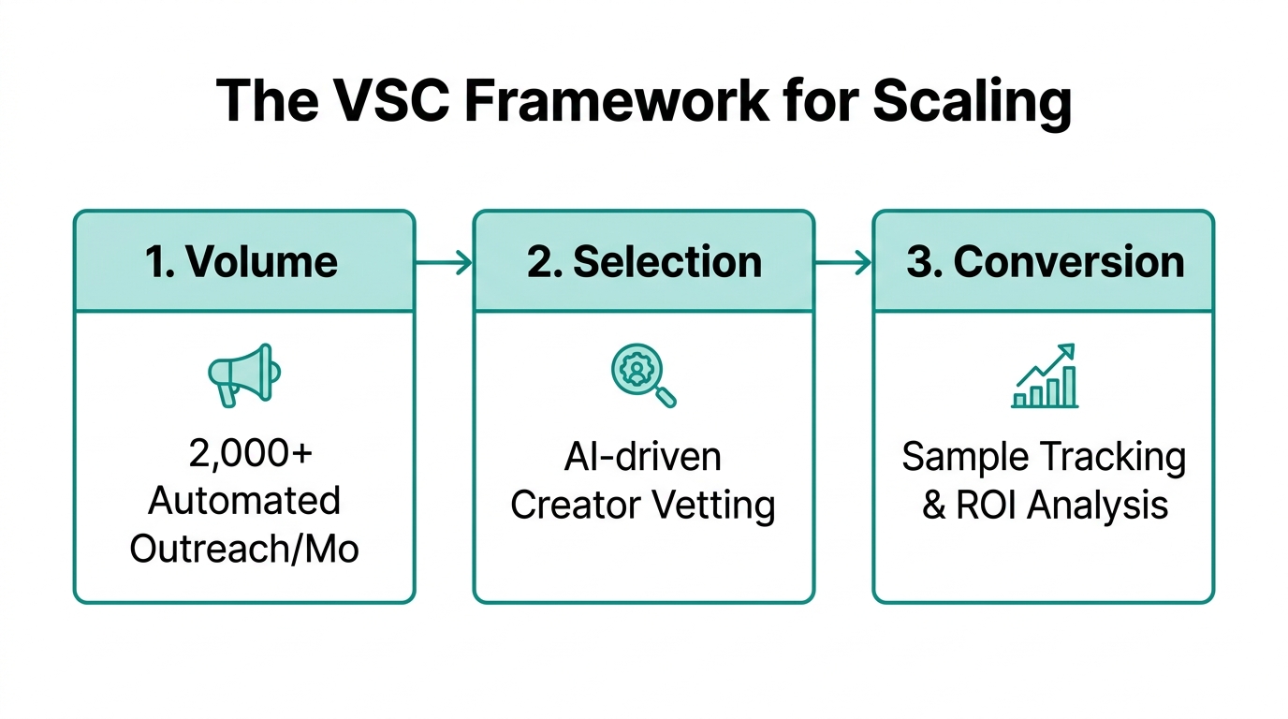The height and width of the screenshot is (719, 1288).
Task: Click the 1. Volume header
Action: (243, 262)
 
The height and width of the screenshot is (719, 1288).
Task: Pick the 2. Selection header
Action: (644, 262)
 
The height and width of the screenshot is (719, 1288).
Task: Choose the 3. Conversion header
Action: (1045, 262)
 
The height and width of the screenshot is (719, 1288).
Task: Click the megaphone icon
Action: (243, 374)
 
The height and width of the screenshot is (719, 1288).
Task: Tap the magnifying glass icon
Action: (643, 375)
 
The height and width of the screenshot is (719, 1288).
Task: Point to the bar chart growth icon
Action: (1045, 376)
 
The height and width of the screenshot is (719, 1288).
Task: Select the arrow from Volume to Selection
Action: (444, 263)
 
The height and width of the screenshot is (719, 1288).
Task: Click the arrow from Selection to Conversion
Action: (843, 263)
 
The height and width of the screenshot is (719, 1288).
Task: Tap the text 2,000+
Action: (243, 454)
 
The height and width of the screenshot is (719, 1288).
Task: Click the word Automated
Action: (243, 501)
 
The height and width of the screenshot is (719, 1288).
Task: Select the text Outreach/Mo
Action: (243, 548)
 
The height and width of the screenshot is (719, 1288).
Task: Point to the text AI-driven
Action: (643, 457)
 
